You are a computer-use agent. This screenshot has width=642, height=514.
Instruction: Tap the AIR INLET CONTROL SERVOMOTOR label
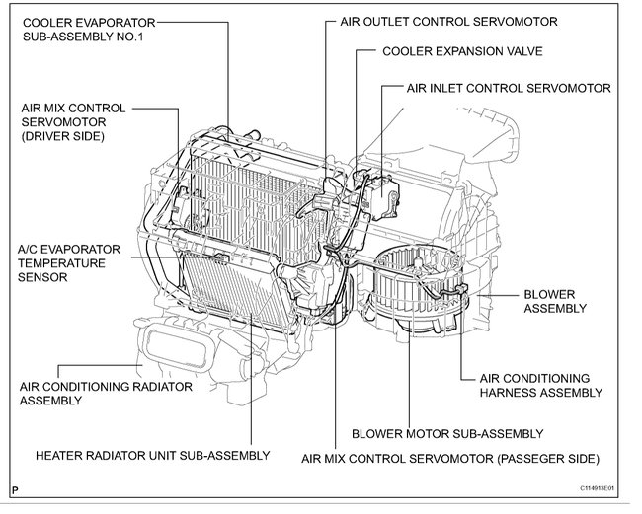click(508, 88)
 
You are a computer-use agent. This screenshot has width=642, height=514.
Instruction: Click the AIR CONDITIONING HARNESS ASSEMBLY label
click(540, 385)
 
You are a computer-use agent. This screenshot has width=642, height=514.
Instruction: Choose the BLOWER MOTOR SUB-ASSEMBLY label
click(446, 433)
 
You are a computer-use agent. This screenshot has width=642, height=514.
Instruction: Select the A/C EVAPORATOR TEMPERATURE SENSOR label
click(68, 263)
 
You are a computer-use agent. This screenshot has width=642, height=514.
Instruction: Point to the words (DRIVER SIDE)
click(60, 134)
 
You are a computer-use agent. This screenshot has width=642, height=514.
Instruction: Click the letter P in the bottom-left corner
click(15, 488)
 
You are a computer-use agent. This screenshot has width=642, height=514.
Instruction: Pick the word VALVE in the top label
click(522, 50)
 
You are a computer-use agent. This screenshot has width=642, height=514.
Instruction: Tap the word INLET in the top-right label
click(447, 88)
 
